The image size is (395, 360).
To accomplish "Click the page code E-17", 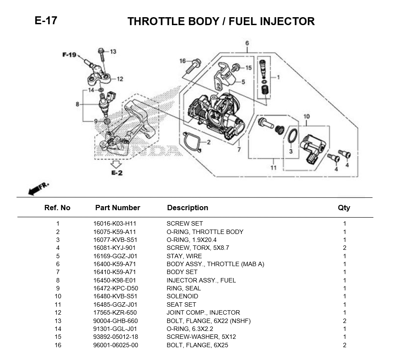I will [45, 20].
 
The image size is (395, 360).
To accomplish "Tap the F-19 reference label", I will [69, 55].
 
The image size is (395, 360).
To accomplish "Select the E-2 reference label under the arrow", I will [116, 173].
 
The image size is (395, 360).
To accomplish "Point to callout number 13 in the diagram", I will [113, 52].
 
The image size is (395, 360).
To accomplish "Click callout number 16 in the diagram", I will [183, 61].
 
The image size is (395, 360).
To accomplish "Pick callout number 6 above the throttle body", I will [247, 43].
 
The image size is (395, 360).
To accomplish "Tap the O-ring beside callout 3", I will [291, 136].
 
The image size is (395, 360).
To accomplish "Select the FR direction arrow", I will [38, 188].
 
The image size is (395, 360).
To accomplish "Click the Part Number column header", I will [117, 208].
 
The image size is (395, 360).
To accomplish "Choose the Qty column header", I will [344, 208].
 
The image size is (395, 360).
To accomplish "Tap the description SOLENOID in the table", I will [182, 297].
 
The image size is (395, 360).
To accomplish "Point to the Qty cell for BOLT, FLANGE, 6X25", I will [344, 345].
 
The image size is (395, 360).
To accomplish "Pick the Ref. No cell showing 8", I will [58, 280].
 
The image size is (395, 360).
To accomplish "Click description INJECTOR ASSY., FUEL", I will [201, 280].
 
